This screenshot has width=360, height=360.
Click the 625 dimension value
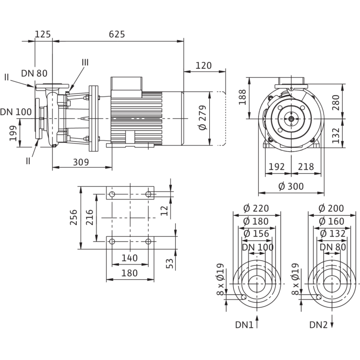coord(117,34)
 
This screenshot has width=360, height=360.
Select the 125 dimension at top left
coord(43,34)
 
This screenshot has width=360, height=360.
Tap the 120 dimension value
coord(204,66)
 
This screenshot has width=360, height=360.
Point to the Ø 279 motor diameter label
coord(203,118)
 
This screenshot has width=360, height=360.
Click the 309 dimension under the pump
coord(81,162)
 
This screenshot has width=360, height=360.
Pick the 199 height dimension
coord(13,133)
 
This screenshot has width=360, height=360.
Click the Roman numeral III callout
coord(85,62)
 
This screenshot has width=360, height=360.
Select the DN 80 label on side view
coord(34,73)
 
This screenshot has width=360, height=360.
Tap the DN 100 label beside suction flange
coord(16,112)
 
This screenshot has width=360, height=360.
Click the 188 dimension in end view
coord(242,97)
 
